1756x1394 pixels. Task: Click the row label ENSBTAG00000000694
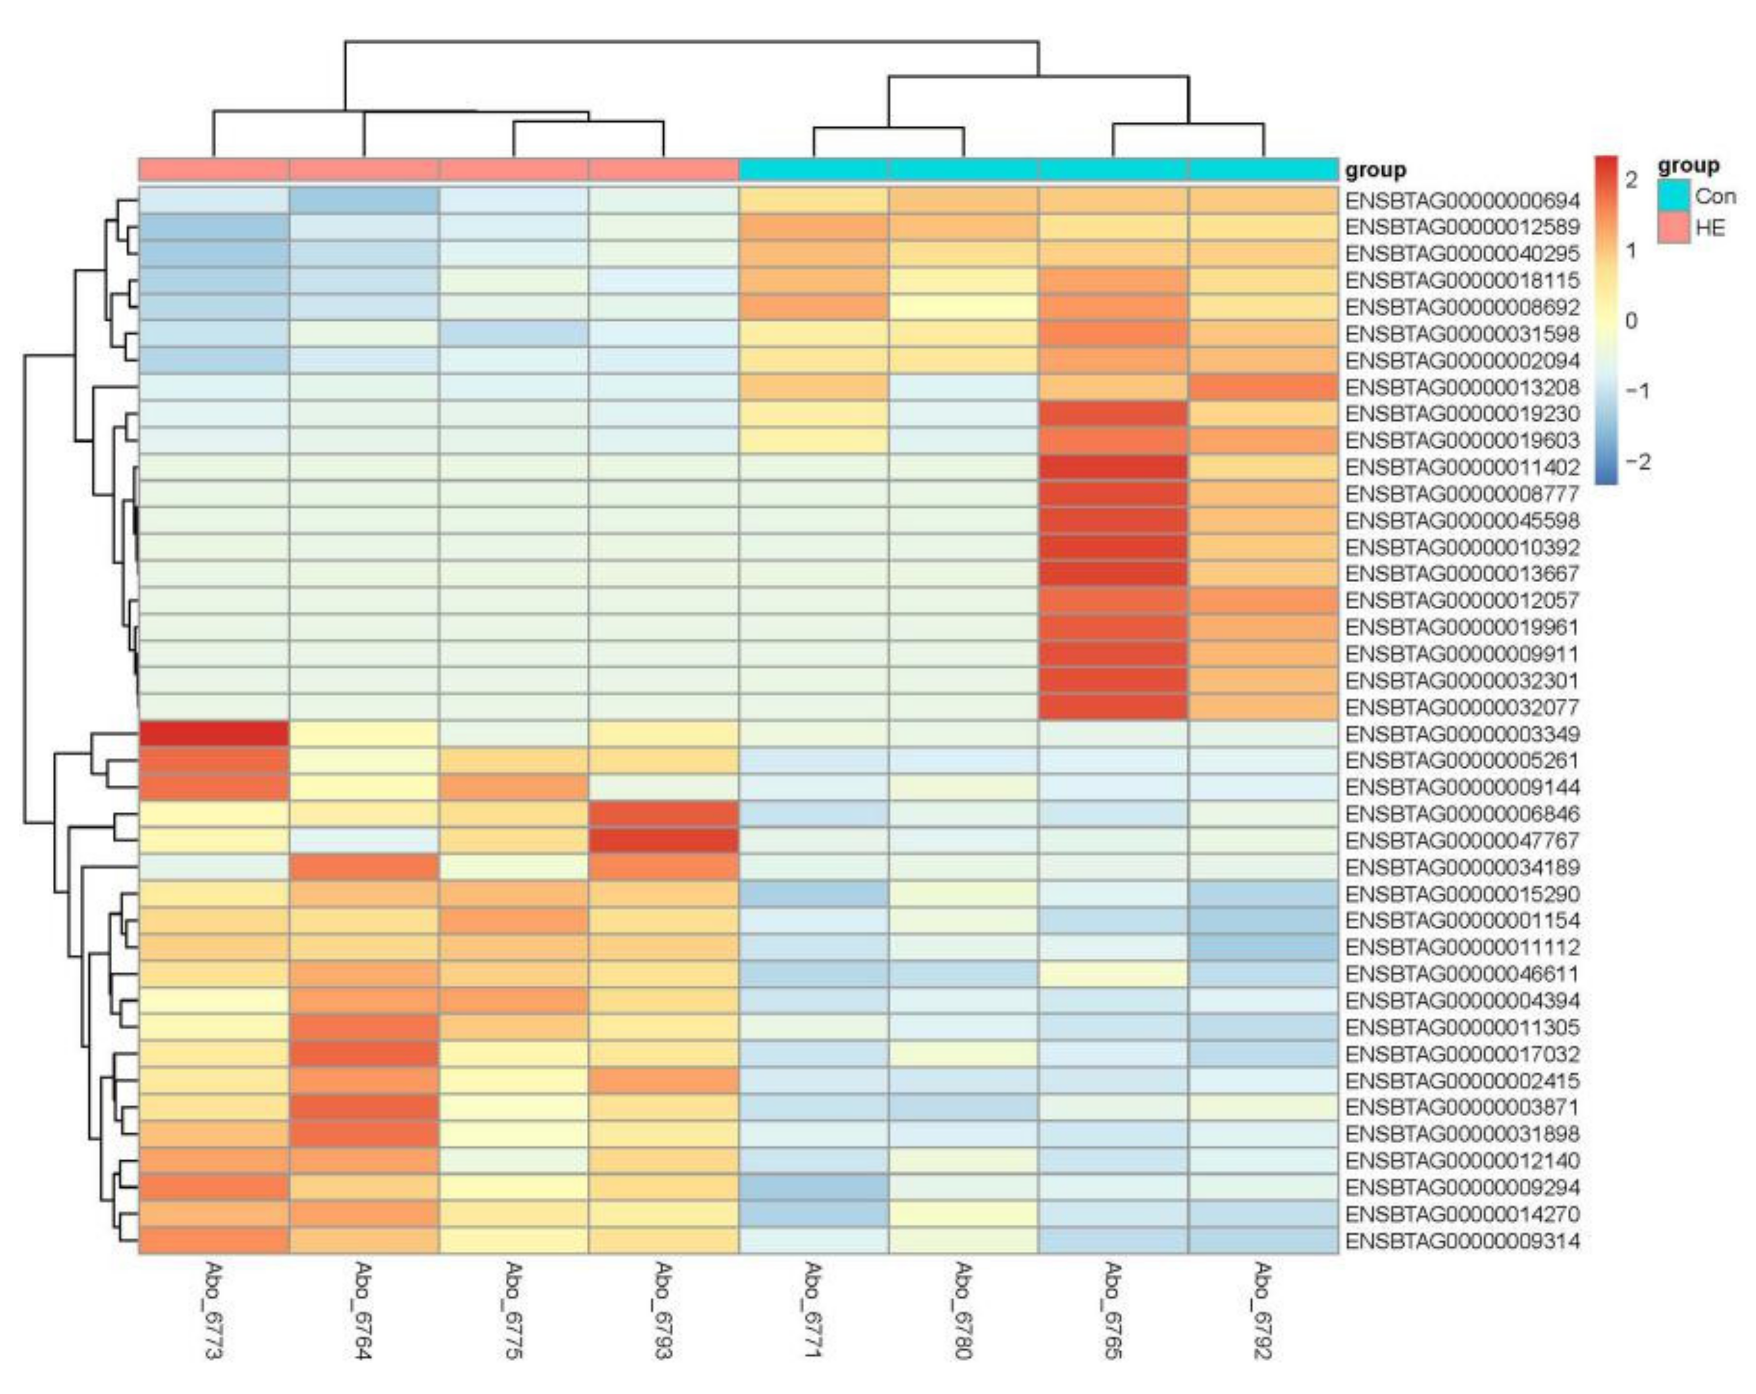[x=1462, y=201]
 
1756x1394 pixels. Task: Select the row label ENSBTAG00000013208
[x=1462, y=387]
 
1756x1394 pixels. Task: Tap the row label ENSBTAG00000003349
[x=1462, y=734]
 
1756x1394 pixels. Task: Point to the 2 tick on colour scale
[x=1630, y=179]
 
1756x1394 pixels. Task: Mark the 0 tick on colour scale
[x=1630, y=321]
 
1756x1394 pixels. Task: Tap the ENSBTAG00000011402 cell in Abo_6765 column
[x=1113, y=467]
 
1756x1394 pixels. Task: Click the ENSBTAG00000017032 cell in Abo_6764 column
[x=364, y=1054]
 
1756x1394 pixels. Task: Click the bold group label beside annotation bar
[x=1375, y=170]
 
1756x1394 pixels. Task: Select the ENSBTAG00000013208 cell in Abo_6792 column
[x=1263, y=387]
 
